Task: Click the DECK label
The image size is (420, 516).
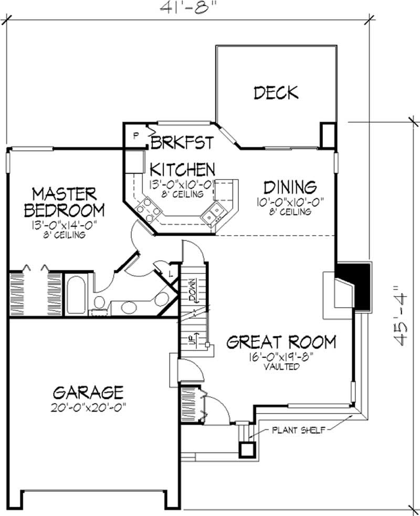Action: [x=276, y=93]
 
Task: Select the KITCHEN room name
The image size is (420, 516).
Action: [x=182, y=170]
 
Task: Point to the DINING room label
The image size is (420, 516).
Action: [x=290, y=187]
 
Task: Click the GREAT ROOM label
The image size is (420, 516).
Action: [x=281, y=343]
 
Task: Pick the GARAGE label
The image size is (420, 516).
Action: [x=88, y=392]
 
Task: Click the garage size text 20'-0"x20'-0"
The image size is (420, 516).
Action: [x=88, y=407]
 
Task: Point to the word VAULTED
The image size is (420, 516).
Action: [x=281, y=367]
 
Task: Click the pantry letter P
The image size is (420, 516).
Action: [x=135, y=135]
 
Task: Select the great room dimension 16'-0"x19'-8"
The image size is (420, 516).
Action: [x=281, y=358]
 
